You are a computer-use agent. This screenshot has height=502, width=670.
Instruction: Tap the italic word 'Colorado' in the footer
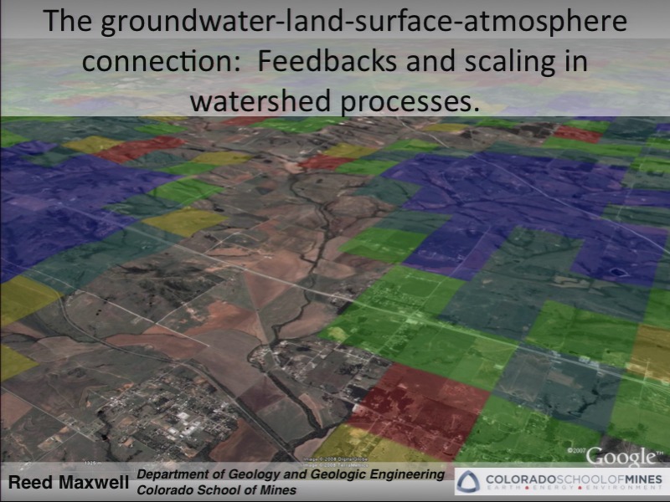(x=166, y=490)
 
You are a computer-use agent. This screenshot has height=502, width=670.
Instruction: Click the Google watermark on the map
(x=621, y=457)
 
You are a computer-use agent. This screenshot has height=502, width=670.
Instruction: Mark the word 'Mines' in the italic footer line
(x=278, y=490)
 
